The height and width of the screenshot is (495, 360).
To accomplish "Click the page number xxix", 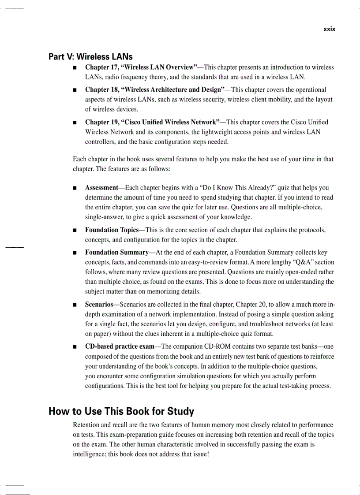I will [x=329, y=29].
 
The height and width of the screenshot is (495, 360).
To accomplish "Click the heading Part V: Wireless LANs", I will [x=90, y=57].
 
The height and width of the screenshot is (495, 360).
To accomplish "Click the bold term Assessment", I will [x=101, y=188].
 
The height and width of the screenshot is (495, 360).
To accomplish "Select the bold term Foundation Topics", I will [x=112, y=230].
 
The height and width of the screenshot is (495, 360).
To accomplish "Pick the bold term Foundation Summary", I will [x=116, y=253].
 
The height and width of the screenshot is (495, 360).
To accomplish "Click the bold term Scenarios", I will [x=99, y=305].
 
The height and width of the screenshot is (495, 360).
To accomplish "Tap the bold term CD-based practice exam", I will [x=120, y=346].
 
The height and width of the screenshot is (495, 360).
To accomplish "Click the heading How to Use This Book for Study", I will [x=121, y=412].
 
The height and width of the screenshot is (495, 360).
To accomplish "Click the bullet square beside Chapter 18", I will [x=75, y=90].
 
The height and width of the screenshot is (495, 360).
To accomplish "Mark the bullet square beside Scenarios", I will [x=75, y=305].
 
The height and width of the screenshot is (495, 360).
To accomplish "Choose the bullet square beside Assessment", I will [x=75, y=188].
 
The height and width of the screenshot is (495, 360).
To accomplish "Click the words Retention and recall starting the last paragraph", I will [x=99, y=425].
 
